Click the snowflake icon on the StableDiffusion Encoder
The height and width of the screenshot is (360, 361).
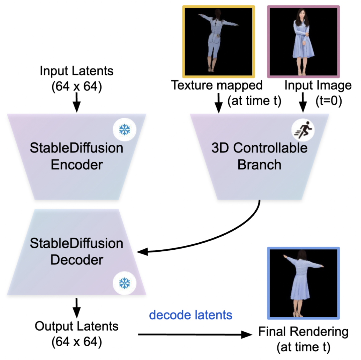click(125, 130)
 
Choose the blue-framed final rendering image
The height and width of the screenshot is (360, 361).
click(304, 283)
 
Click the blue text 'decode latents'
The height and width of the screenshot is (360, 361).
click(191, 315)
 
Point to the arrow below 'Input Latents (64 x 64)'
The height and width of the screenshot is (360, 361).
click(77, 102)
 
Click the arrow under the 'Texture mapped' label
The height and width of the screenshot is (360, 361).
click(219, 102)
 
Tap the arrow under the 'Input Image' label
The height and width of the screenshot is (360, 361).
click(304, 102)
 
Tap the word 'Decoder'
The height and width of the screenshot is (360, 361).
click(77, 260)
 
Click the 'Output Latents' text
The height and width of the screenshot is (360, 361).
click(77, 326)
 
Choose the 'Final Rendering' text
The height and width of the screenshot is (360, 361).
click(304, 332)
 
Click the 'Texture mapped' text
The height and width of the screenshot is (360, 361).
click(217, 85)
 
